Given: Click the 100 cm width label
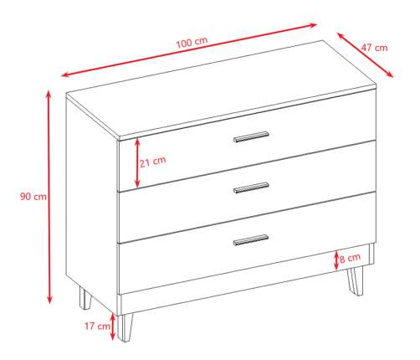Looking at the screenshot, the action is click(x=192, y=42).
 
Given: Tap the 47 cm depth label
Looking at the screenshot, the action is click(x=374, y=48).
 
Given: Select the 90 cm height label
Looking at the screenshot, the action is click(x=33, y=197).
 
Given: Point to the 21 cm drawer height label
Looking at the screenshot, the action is click(x=152, y=162).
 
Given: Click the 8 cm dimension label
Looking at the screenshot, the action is click(x=350, y=258).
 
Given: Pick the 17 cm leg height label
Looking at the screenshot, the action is click(x=97, y=326).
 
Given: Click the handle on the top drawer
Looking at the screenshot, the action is click(x=251, y=136).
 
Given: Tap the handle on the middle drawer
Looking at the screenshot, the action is click(x=251, y=188).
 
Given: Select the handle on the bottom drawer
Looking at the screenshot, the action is click(x=251, y=240).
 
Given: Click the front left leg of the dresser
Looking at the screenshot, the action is click(x=125, y=327).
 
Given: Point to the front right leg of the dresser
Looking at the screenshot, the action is click(x=356, y=280).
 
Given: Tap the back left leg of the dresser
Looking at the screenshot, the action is click(x=85, y=298).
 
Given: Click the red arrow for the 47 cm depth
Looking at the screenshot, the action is click(x=365, y=55).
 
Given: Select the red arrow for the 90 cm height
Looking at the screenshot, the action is click(x=49, y=197).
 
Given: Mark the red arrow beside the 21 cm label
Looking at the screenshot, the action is click(x=137, y=163).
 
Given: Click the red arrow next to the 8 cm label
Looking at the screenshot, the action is click(x=336, y=260).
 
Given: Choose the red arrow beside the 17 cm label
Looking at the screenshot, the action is click(x=113, y=327).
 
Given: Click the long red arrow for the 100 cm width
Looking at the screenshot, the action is click(x=189, y=50).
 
